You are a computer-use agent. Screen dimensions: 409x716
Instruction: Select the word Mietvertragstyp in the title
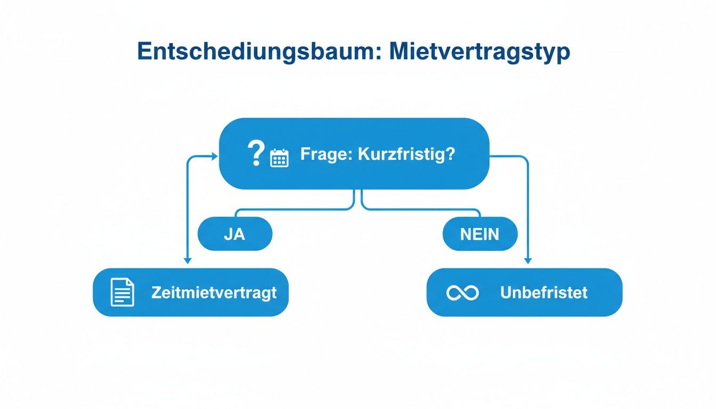pos(479,52)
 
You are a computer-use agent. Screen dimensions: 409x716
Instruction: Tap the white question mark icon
pos(256,154)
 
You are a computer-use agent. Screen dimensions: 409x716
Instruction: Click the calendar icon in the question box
pos(279,158)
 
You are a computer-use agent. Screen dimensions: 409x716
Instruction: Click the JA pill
pos(234,234)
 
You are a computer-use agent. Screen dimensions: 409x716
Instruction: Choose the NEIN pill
pos(479,234)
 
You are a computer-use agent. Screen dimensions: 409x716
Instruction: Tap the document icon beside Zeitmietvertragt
pos(122,292)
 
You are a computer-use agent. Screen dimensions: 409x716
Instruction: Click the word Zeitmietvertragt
pos(214,293)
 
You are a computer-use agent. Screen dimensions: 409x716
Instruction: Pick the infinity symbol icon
pos(462,293)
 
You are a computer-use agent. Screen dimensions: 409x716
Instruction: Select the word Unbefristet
pos(543,293)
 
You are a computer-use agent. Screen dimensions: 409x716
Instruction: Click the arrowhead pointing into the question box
pos(215,156)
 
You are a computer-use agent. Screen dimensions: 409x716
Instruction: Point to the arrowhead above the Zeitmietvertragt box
pos(187,260)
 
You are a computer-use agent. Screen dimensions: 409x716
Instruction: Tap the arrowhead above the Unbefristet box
pos(528,260)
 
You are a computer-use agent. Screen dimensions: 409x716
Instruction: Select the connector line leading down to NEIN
pos(421,209)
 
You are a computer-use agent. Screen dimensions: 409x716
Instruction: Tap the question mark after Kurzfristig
pos(450,154)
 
